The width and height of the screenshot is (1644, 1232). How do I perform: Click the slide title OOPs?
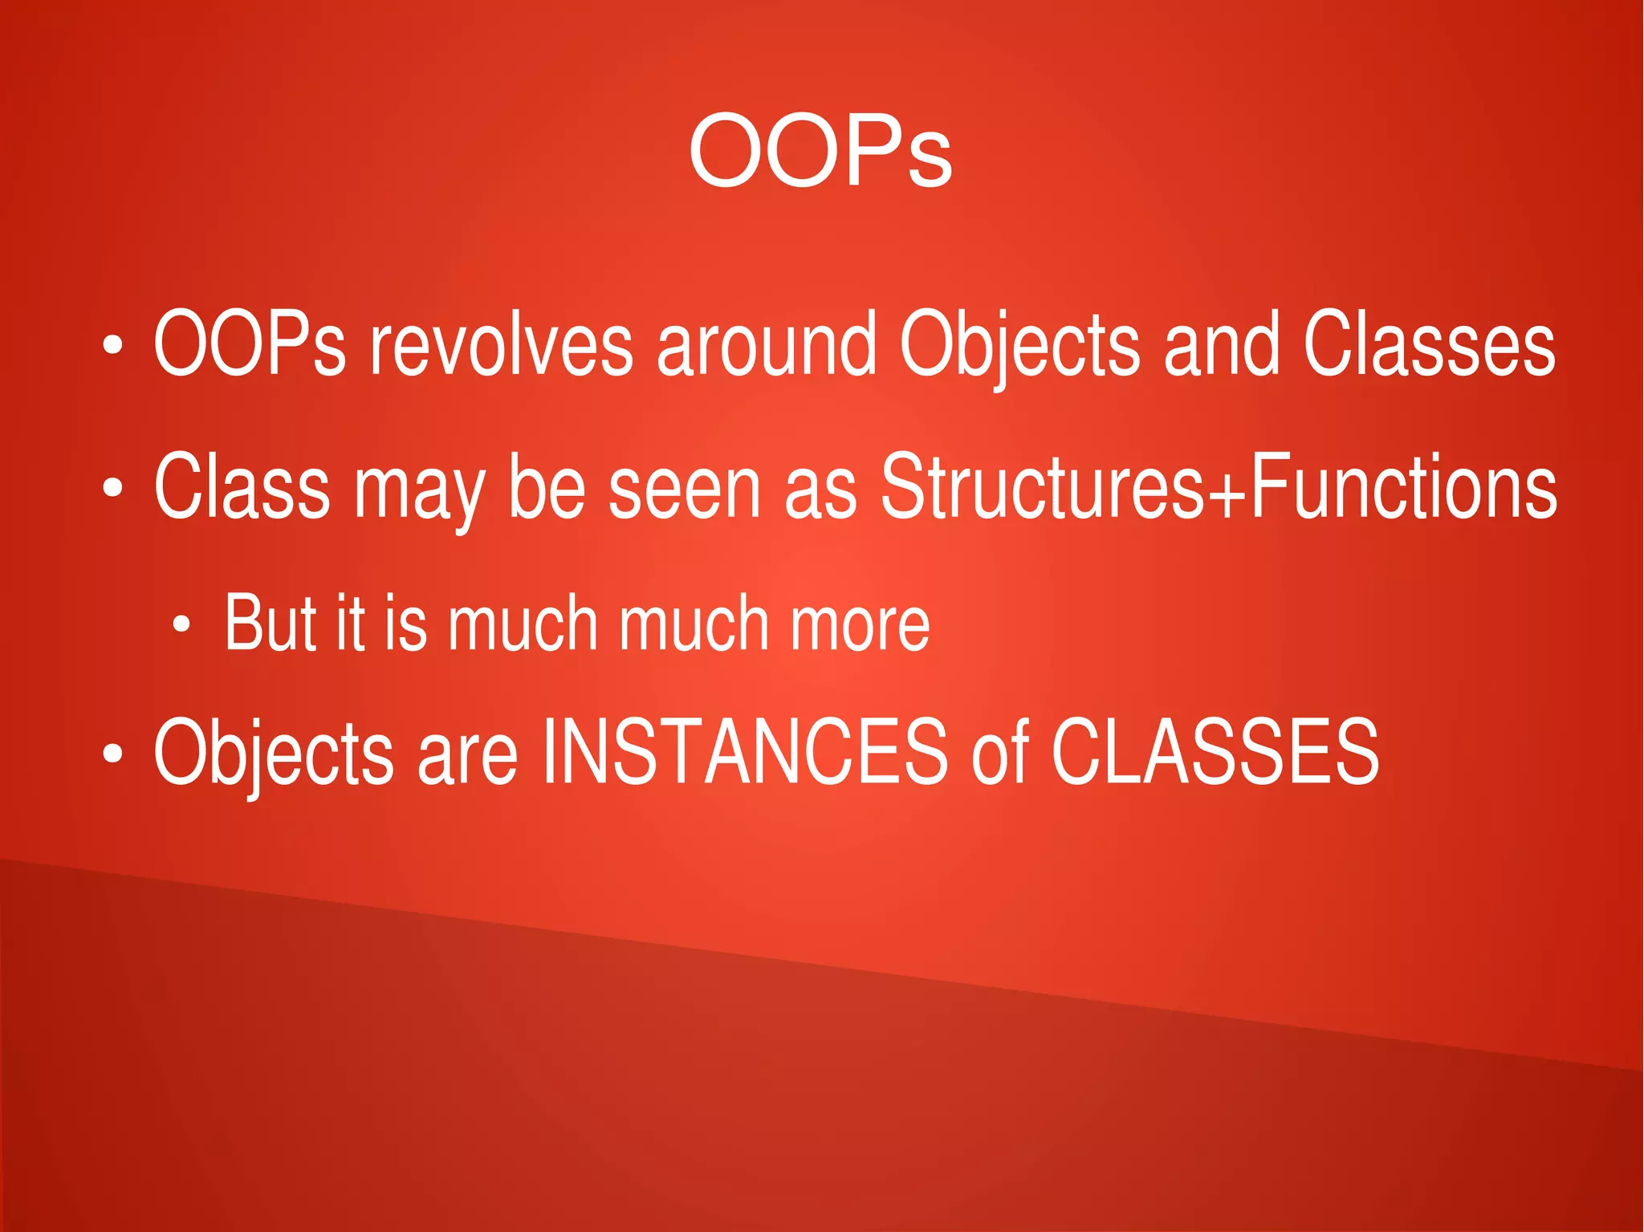pyautogui.click(x=820, y=152)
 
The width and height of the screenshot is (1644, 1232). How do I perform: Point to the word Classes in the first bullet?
pyautogui.click(x=1429, y=345)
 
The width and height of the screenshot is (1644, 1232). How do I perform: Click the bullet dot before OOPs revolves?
pyautogui.click(x=112, y=346)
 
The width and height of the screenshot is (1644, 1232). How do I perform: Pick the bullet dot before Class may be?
pyautogui.click(x=112, y=487)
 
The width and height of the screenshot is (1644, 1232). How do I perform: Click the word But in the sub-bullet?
pyautogui.click(x=270, y=623)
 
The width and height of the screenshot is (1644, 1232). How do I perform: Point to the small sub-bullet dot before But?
pyautogui.click(x=182, y=624)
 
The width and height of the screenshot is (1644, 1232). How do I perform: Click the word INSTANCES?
pyautogui.click(x=744, y=752)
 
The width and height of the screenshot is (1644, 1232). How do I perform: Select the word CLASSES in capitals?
pyautogui.click(x=1215, y=752)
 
